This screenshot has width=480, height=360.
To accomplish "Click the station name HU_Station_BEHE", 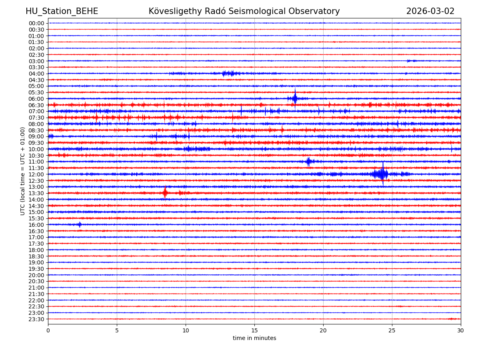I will (62, 12).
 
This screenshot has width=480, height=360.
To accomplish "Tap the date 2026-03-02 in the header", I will (430, 12).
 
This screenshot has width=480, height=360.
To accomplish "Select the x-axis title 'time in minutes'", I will (254, 338).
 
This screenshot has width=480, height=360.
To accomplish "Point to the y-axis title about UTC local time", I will (23, 171).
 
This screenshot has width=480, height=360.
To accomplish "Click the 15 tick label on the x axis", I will (254, 331).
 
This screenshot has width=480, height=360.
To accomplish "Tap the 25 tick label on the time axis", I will (392, 331).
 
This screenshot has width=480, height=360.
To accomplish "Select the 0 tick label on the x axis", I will (48, 331).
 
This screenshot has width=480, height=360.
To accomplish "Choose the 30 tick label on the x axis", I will (461, 331).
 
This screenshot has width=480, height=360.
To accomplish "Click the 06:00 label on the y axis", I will (36, 99).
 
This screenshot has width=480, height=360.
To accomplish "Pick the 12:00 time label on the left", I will (36, 174).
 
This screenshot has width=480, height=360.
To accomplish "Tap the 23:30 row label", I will (36, 319).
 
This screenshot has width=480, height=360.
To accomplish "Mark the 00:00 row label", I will (36, 23).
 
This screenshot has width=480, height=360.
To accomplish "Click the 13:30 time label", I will (36, 193).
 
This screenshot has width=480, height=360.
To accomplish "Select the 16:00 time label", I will (36, 225).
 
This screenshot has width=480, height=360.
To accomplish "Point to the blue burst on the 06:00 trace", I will (295, 98).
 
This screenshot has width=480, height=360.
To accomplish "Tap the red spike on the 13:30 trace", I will (165, 193).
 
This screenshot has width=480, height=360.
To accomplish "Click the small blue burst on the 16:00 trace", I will (80, 224).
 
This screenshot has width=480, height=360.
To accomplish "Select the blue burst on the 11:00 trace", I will (308, 162).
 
